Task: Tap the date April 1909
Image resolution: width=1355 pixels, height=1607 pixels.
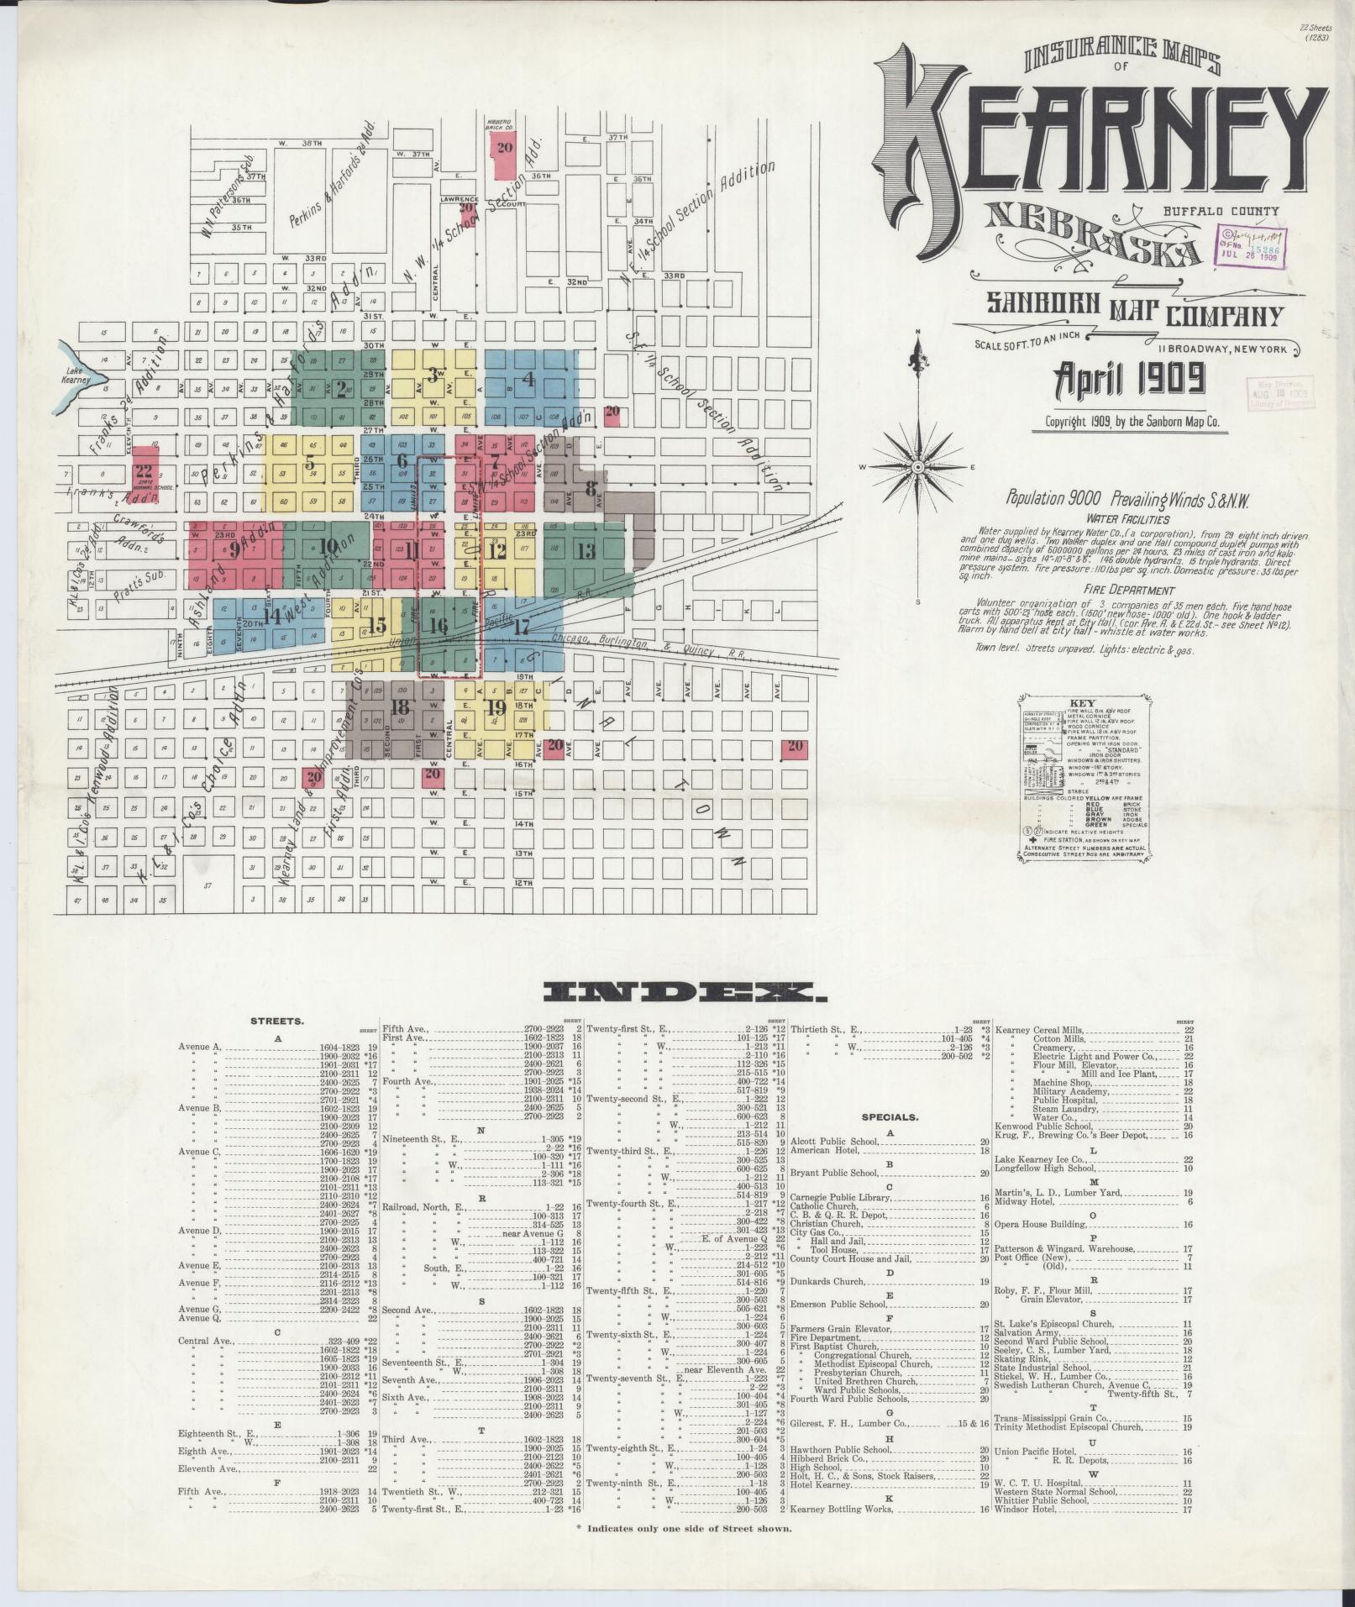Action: click(1125, 381)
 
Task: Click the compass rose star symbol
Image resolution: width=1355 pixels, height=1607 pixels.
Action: click(919, 465)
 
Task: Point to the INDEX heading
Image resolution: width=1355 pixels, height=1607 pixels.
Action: click(685, 994)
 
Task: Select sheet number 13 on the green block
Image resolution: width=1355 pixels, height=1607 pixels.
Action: click(586, 551)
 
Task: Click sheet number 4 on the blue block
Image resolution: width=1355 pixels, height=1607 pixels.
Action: click(528, 379)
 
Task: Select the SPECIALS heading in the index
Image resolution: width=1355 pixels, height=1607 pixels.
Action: click(890, 1118)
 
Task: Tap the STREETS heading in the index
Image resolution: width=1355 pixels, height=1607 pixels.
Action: click(277, 1021)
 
